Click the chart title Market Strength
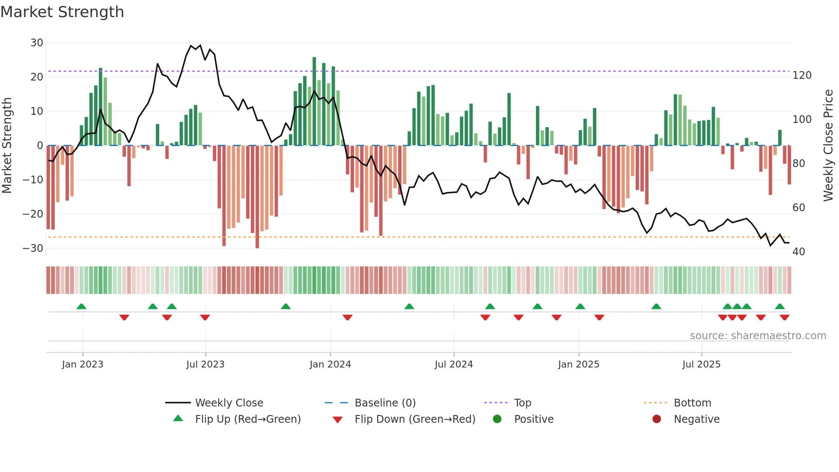62,12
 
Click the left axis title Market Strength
7,146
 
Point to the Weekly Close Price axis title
828,146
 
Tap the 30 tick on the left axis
36,43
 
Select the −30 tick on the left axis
33,248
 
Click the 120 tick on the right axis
802,75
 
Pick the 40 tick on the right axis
798,252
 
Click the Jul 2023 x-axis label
205,364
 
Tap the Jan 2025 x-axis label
578,364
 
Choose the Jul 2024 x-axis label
453,364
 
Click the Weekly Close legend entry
229,403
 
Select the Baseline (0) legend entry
385,403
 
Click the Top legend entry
522,403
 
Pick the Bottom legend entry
692,403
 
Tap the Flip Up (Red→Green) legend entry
247,419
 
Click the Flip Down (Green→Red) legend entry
414,419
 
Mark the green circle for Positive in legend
497,419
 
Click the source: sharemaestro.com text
758,336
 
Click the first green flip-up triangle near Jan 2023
81,306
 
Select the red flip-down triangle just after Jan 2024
348,317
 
